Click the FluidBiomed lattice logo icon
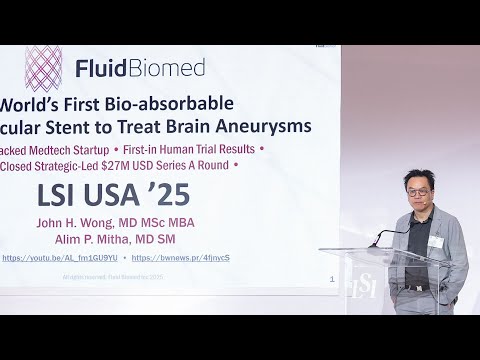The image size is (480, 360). [x=43, y=66]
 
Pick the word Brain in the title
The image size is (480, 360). [x=188, y=126]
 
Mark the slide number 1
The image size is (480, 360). [x=331, y=280]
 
